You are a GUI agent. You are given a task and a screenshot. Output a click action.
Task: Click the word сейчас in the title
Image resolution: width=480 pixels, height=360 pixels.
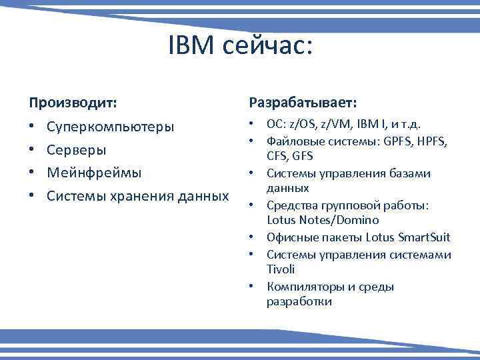click(267, 47)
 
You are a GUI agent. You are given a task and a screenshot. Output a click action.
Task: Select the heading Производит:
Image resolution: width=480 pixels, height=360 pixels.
click(72, 103)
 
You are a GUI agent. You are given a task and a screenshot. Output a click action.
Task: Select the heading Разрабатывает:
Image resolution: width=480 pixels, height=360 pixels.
click(303, 103)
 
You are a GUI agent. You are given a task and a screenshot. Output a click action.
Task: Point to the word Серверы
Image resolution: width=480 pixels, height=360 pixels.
click(76, 150)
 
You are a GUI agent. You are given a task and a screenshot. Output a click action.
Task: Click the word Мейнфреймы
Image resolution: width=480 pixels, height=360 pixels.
click(94, 173)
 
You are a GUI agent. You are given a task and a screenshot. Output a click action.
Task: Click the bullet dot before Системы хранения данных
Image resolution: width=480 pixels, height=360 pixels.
click(33, 196)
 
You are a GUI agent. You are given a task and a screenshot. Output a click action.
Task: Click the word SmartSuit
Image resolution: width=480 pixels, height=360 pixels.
click(423, 237)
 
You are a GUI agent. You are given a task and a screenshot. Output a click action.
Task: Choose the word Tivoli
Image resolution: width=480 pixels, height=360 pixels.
click(280, 269)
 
